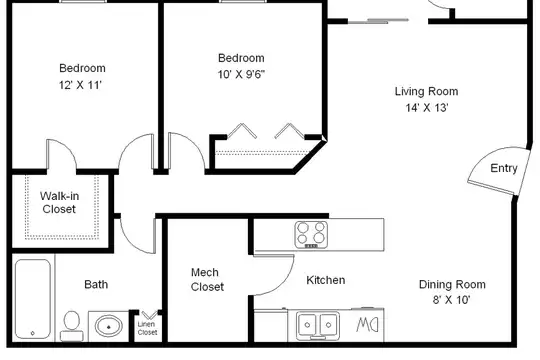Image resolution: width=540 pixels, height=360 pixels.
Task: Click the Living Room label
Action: pyautogui.click(x=426, y=91)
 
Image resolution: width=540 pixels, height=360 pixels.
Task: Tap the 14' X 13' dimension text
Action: pyautogui.click(x=427, y=108)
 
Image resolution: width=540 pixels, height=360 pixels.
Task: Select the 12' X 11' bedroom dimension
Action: pyautogui.click(x=80, y=85)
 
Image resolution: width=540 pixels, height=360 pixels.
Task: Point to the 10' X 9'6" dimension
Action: pyautogui.click(x=241, y=74)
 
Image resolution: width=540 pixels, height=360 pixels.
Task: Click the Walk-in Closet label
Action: pyautogui.click(x=59, y=203)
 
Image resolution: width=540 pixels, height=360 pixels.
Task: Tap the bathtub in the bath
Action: pyautogui.click(x=33, y=299)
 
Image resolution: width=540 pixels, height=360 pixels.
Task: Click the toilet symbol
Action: pyautogui.click(x=72, y=326)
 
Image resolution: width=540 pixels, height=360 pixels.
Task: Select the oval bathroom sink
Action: pyautogui.click(x=108, y=326)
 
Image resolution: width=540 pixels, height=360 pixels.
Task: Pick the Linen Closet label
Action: pyautogui.click(x=147, y=328)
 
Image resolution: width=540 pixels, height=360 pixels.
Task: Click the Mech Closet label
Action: pyautogui.click(x=207, y=279)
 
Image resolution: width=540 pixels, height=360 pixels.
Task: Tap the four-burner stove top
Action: pyautogui.click(x=311, y=235)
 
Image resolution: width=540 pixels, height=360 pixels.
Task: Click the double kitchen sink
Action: pyautogui.click(x=318, y=325)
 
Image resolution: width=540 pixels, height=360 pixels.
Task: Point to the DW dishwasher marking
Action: pyautogui.click(x=367, y=325)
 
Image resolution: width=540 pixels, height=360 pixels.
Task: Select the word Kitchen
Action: pyautogui.click(x=325, y=280)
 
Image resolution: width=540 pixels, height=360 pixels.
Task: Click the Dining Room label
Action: pyautogui.click(x=452, y=284)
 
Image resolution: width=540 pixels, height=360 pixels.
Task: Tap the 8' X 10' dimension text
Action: pyautogui.click(x=451, y=300)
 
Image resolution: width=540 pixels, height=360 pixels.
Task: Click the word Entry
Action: pyautogui.click(x=504, y=168)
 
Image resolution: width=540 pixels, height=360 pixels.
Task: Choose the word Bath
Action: pyautogui.click(x=96, y=284)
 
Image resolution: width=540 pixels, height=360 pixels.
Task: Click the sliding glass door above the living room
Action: pyautogui.click(x=378, y=21)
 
